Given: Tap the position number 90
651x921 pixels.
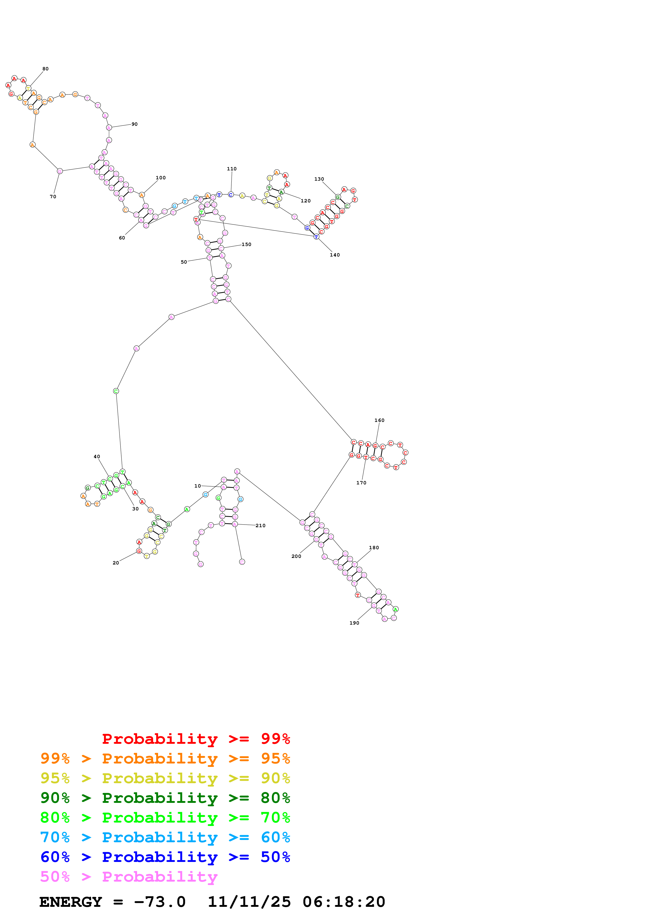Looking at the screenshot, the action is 134,124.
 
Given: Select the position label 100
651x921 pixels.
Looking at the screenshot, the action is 160,178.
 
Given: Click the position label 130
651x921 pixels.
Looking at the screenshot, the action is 319,179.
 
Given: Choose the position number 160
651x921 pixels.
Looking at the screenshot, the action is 379,420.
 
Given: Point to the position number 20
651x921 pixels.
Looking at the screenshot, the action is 116,563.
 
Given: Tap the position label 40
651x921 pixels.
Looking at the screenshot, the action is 97,457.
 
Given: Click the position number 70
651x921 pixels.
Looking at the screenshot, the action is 53,197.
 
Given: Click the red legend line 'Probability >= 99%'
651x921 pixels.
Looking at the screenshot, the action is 196,739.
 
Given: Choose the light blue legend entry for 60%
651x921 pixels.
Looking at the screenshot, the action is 165,838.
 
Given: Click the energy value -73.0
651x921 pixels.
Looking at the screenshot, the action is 160,902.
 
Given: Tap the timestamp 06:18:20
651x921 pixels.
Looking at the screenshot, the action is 344,902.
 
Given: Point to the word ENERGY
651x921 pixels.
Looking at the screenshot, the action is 71,902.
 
